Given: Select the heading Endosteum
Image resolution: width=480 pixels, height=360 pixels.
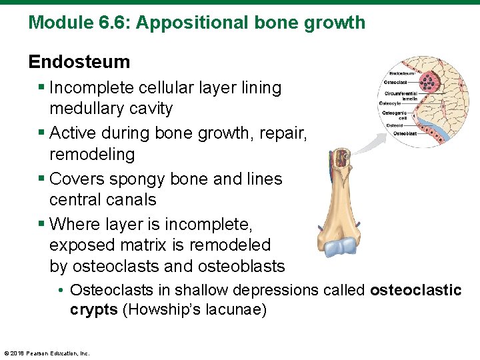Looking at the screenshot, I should [x=79, y=62].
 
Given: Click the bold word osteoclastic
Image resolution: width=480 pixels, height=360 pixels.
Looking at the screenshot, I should [x=415, y=291].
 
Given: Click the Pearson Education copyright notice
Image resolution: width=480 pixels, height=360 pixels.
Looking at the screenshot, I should [x=47, y=353].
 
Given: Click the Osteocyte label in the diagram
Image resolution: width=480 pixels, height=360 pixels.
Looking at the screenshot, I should [x=390, y=104].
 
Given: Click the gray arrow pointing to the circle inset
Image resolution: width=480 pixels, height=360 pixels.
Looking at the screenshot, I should [x=370, y=143].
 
